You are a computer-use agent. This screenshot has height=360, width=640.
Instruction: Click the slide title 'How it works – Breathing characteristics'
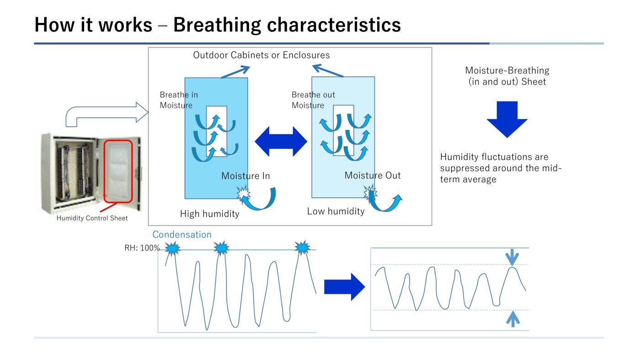(218, 25)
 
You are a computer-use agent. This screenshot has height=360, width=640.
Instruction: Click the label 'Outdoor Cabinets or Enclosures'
(261, 55)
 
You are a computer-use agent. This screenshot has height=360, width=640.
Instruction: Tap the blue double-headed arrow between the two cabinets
(281, 141)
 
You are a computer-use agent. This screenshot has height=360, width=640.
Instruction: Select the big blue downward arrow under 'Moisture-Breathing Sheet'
(507, 119)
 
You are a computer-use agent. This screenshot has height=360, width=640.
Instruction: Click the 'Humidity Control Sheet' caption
(92, 218)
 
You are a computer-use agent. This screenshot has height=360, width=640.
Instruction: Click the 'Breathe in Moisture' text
(179, 100)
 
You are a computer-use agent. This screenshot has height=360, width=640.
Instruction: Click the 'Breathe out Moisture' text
(313, 100)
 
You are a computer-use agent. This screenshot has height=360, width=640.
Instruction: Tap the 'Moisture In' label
(246, 176)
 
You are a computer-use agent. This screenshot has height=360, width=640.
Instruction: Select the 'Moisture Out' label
(373, 175)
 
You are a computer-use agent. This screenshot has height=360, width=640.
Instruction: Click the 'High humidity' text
(209, 214)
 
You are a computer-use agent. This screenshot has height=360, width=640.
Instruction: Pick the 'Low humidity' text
(336, 211)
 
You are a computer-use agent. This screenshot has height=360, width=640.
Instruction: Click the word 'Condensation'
(182, 234)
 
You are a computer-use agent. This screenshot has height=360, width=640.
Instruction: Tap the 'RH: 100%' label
(142, 248)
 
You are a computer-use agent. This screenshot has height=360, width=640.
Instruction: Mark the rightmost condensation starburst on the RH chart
(302, 247)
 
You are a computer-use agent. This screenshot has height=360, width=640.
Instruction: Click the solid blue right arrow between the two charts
(344, 286)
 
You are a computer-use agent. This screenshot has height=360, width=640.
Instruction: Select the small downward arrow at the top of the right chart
(512, 257)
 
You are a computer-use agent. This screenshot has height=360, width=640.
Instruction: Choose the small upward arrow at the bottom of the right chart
(513, 319)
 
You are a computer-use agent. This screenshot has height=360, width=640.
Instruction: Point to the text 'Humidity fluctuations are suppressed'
(494, 162)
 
